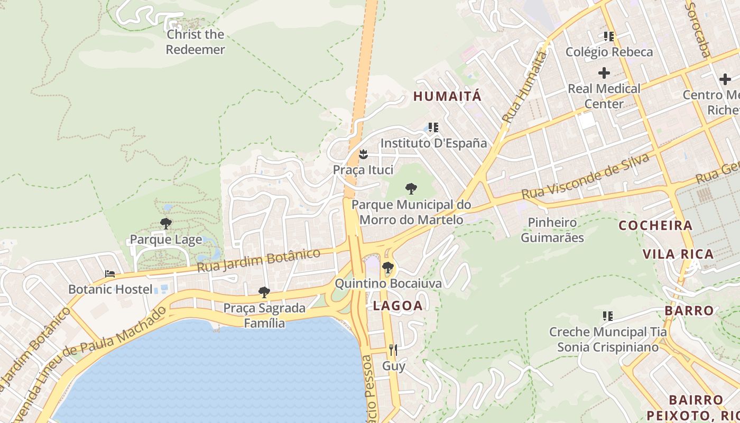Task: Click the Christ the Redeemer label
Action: coord(195,42)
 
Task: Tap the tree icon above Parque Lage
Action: coord(166,224)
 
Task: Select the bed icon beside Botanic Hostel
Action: coord(110,273)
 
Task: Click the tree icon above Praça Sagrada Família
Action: coord(264,292)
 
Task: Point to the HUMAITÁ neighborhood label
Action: coord(447,96)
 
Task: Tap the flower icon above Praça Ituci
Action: coord(363,154)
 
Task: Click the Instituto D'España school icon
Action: coord(433,127)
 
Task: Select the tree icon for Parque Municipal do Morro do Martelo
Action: coord(411,188)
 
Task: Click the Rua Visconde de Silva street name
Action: coord(585,177)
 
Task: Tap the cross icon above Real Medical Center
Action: coord(604,73)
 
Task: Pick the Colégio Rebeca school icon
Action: coord(608,36)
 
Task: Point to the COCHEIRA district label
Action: coord(655,225)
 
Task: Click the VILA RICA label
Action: coord(678,254)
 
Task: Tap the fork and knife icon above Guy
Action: coord(393,350)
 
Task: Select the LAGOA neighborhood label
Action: coord(397,306)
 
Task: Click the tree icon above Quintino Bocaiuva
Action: coord(387,267)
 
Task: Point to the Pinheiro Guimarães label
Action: coord(552,229)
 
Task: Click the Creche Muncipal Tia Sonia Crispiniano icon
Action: coord(608,316)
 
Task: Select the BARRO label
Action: coord(689,310)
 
